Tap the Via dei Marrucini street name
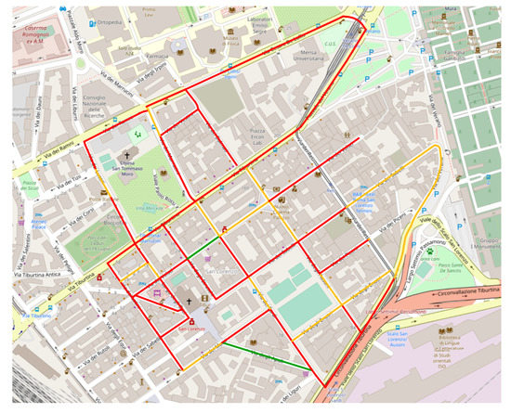point(108,89)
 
